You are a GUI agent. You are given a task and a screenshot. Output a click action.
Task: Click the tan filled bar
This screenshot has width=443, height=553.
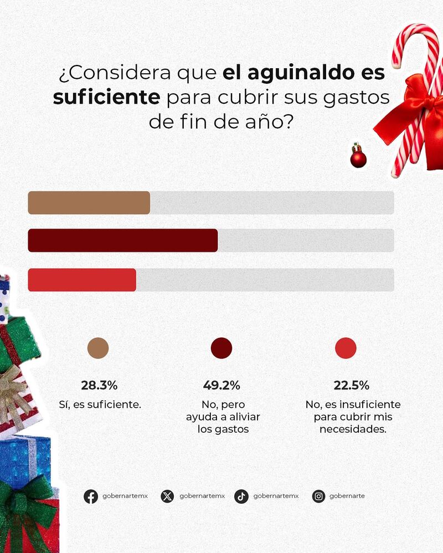(x=89, y=202)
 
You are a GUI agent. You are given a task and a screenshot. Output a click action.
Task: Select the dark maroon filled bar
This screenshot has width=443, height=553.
(x=122, y=240)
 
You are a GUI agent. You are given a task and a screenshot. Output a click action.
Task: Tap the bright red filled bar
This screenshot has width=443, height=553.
(x=82, y=280)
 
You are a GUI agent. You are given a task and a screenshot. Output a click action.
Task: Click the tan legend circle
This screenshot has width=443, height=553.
(x=98, y=348)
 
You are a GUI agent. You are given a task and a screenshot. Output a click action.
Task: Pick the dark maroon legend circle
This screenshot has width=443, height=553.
(x=221, y=348)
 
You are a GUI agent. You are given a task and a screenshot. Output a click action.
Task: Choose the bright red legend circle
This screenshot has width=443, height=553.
(x=346, y=348)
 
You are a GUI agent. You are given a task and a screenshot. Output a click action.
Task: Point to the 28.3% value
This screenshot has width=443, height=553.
(x=99, y=385)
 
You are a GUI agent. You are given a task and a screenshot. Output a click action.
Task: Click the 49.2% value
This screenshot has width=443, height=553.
(x=221, y=385)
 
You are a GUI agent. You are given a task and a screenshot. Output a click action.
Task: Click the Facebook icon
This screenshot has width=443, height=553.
(x=91, y=496)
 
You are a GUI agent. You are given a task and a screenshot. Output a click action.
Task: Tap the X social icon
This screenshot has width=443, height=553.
(x=167, y=496)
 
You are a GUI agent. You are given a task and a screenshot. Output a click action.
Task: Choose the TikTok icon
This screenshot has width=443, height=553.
(x=241, y=496)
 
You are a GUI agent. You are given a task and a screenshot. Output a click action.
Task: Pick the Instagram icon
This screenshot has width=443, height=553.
(x=318, y=496)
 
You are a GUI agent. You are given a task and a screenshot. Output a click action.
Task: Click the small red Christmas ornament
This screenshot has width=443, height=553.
(x=358, y=158)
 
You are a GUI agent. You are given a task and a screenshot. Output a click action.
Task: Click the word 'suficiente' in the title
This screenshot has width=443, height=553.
(x=106, y=98)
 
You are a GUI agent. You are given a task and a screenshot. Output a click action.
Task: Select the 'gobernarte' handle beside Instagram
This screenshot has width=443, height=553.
(x=347, y=496)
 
